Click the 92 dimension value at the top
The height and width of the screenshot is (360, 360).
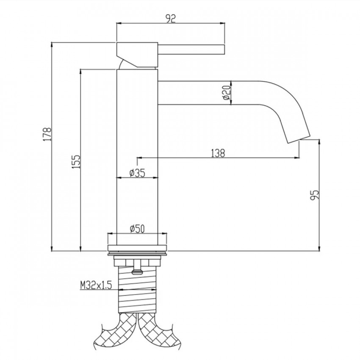[171, 18]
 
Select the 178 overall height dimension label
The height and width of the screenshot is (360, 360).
[48, 134]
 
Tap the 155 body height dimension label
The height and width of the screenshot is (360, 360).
[77, 162]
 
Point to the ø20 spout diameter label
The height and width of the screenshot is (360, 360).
[227, 92]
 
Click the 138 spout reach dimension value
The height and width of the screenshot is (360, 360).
[218, 153]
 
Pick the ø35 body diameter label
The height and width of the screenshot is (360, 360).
[137, 173]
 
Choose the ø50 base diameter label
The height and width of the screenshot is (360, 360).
[137, 229]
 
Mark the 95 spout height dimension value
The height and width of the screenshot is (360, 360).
[315, 195]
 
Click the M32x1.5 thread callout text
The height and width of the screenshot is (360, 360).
[96, 285]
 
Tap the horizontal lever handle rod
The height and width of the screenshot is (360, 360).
[191, 50]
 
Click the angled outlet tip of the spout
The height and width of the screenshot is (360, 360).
[298, 139]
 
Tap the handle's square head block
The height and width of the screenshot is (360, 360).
[137, 55]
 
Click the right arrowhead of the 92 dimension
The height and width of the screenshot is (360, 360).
[222, 23]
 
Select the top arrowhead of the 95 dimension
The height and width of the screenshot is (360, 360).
[319, 142]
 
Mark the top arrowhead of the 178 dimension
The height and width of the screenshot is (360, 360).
[52, 45]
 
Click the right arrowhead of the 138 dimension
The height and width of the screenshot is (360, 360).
[297, 158]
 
